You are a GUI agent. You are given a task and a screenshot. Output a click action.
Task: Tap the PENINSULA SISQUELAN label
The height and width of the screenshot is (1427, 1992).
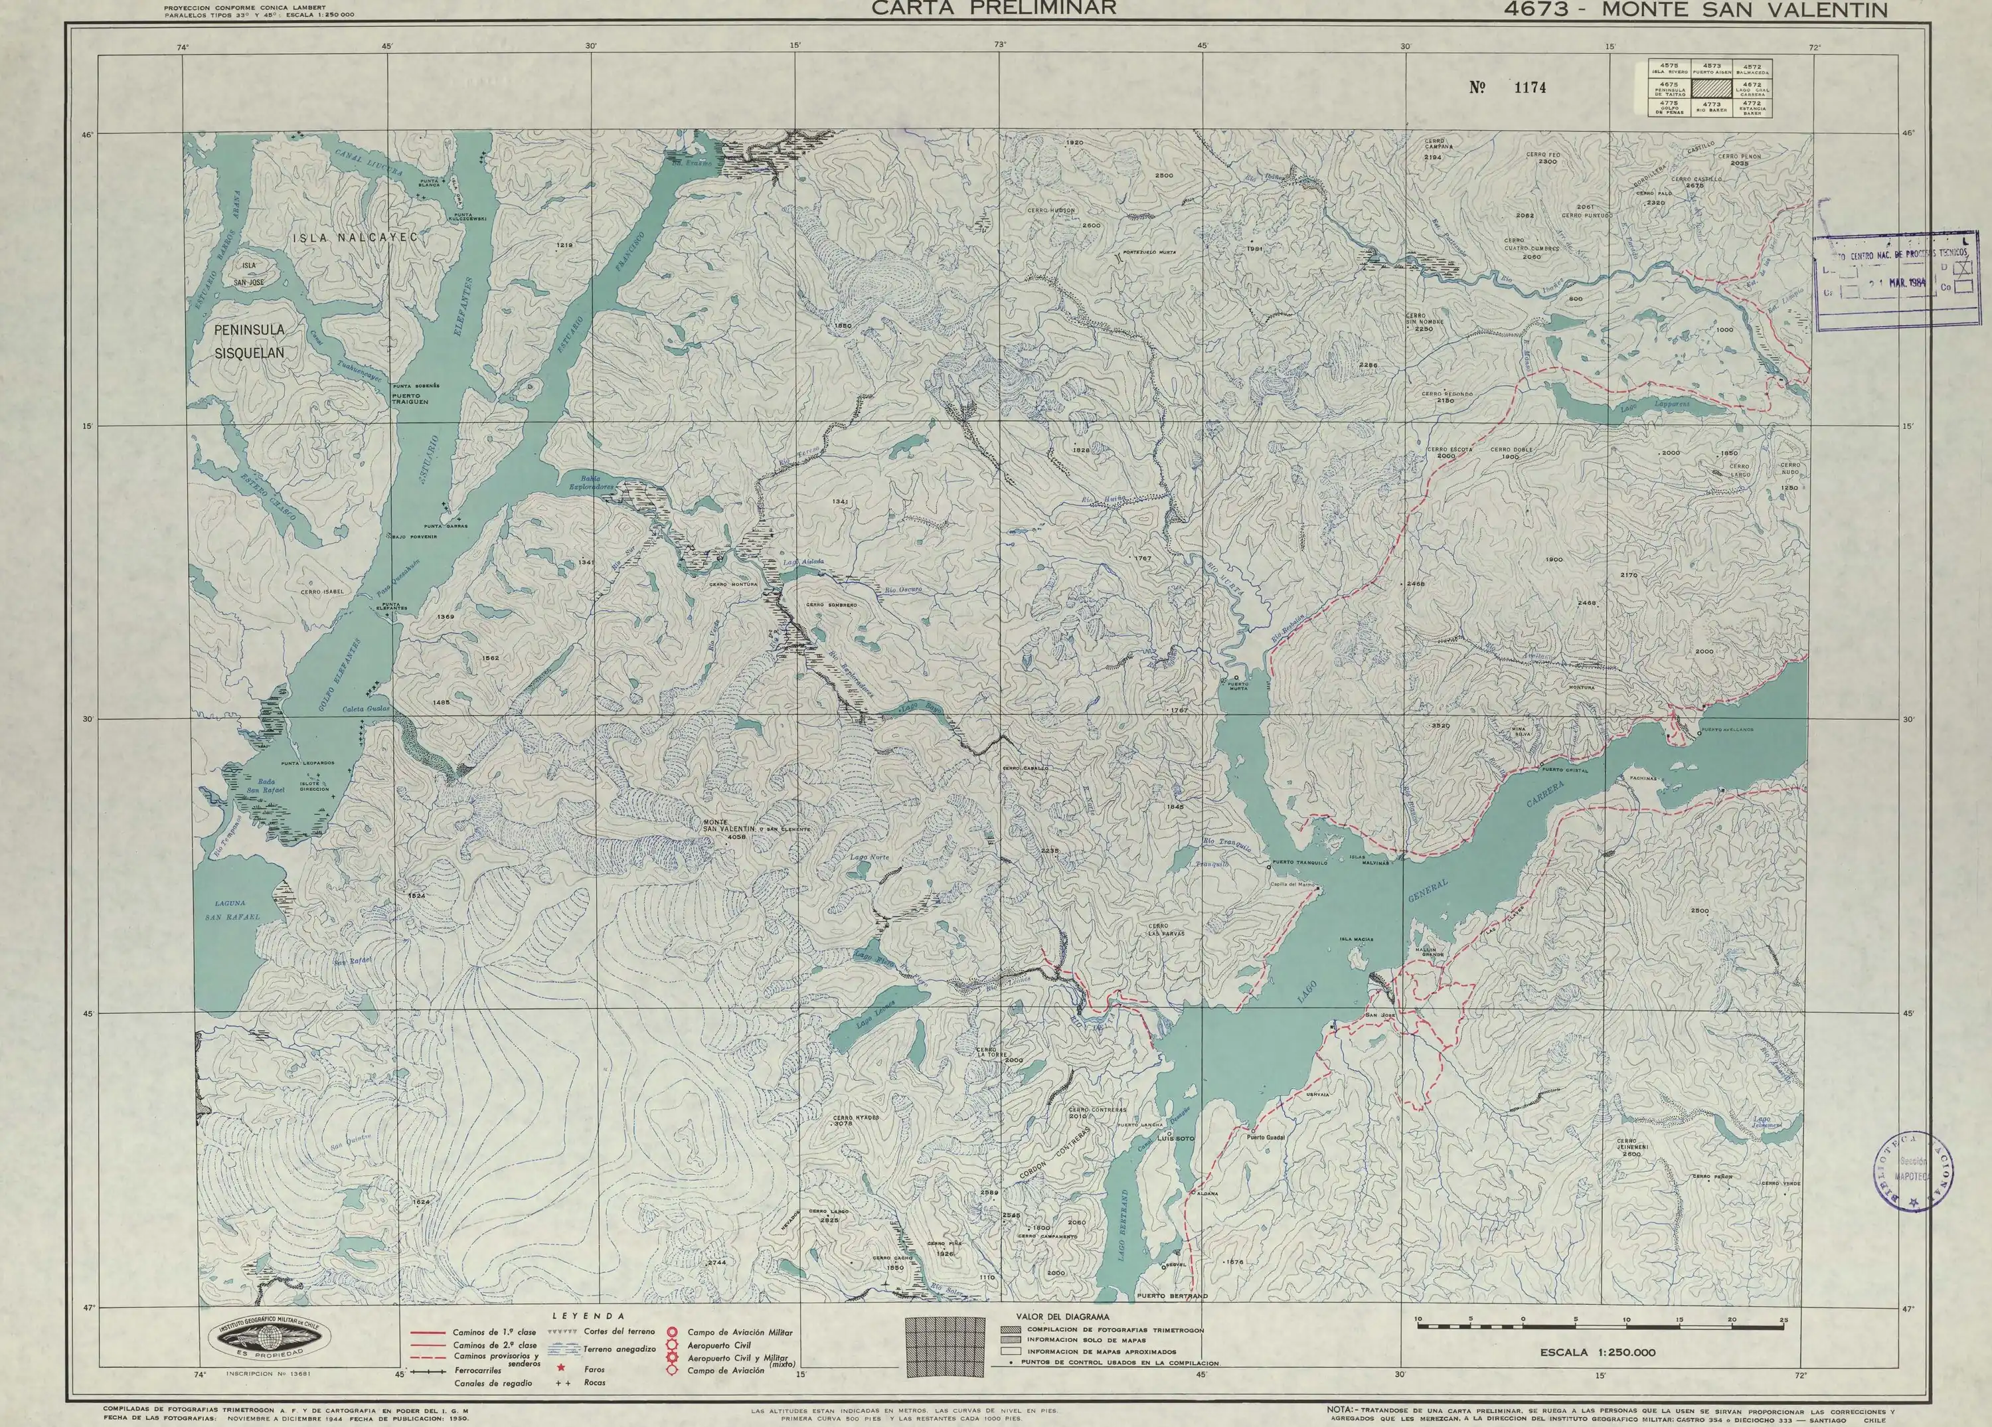250,341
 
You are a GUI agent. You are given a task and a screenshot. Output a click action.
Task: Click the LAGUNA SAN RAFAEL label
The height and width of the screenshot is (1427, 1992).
232,910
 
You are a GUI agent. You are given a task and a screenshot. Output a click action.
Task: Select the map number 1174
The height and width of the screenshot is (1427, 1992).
1507,88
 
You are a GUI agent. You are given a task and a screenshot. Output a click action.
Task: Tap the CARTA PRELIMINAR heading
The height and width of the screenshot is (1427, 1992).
993,8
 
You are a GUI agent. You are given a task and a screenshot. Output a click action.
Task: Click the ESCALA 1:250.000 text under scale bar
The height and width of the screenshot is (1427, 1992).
1597,1353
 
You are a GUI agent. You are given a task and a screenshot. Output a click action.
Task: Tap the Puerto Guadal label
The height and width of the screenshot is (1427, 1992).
1266,1138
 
